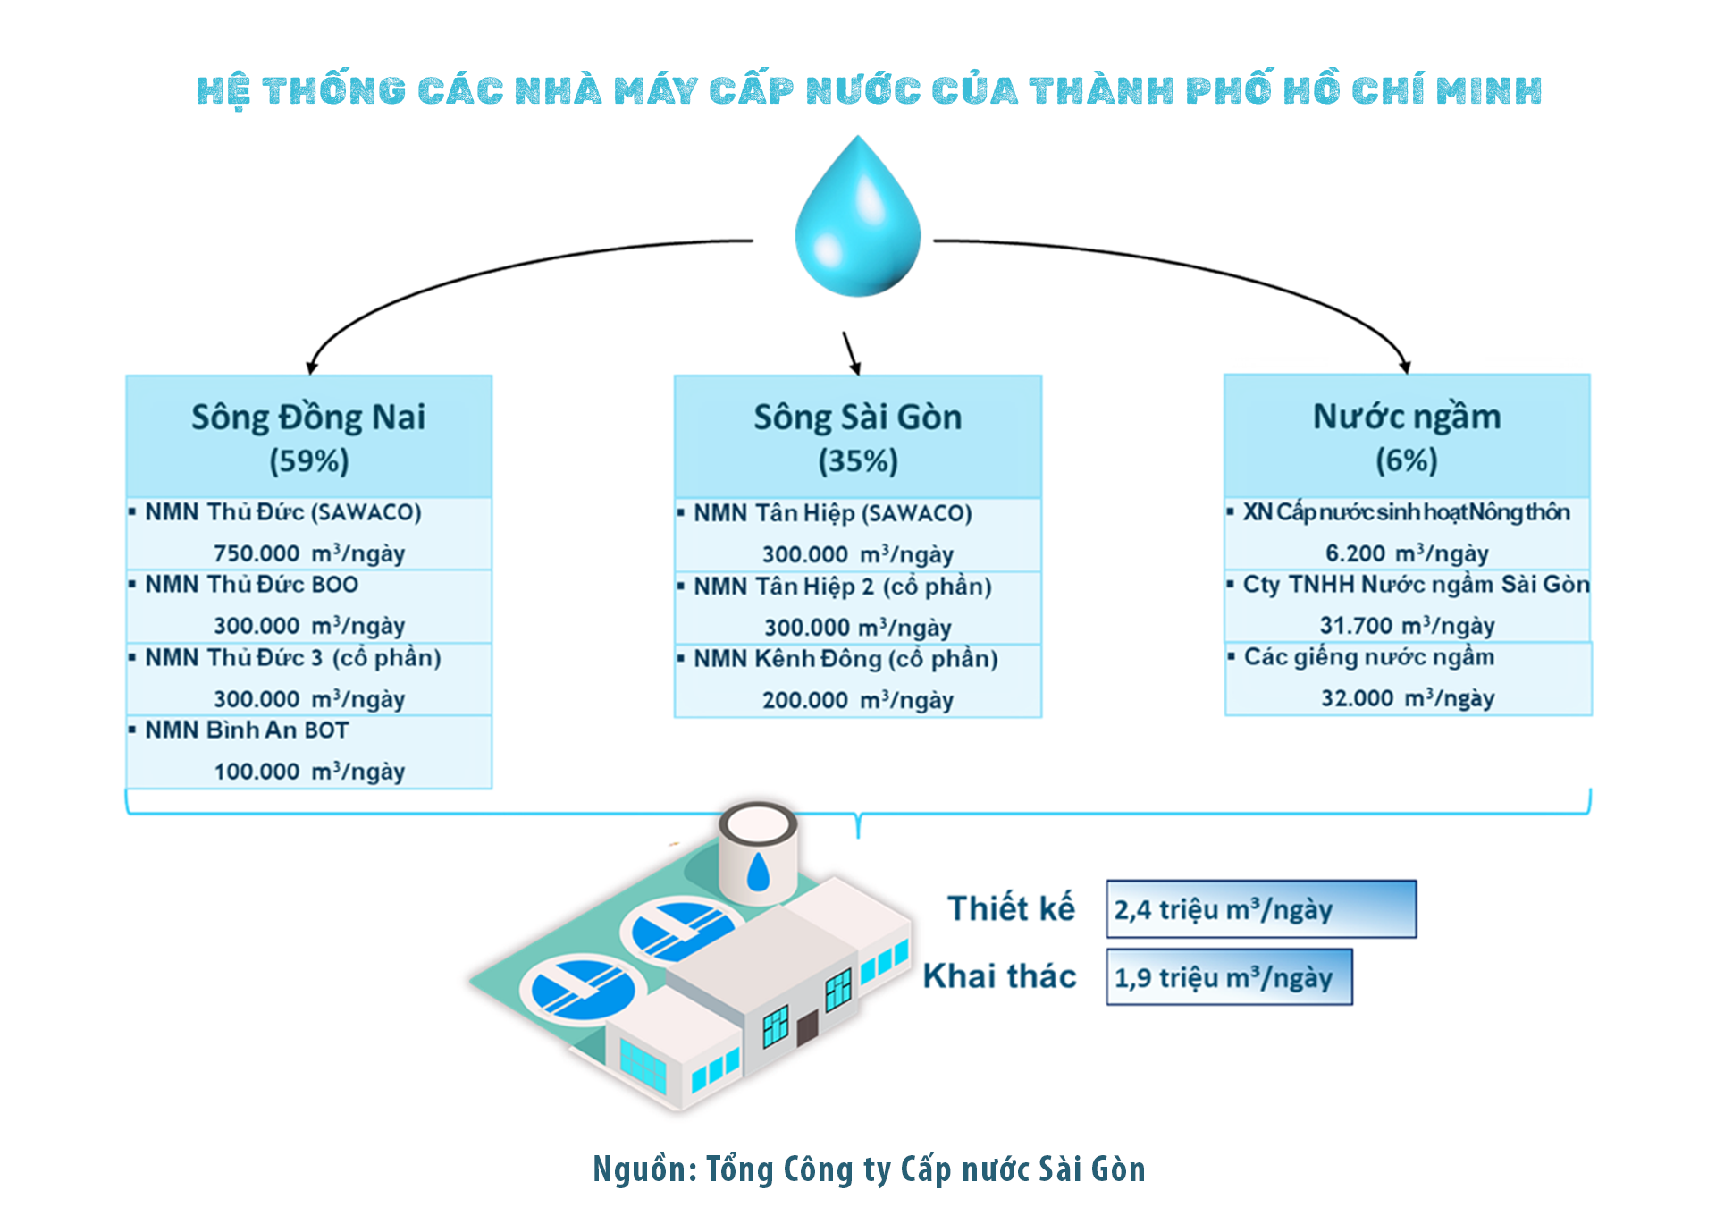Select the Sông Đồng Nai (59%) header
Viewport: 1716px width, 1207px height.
click(308, 437)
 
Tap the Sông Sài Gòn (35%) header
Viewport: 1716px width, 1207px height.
click(858, 437)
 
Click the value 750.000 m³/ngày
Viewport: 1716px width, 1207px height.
click(309, 553)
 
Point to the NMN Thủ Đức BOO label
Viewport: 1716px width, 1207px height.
click(251, 585)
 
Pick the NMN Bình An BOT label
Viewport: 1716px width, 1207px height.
click(247, 730)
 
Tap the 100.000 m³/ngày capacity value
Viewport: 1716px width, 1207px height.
click(309, 772)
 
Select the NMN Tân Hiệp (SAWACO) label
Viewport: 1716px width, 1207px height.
click(832, 513)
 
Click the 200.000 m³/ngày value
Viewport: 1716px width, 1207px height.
click(858, 700)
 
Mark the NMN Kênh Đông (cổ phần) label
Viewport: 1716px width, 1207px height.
click(845, 659)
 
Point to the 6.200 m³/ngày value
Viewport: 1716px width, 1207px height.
click(1407, 553)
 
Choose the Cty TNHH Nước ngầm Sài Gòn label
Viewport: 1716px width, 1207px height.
click(1416, 585)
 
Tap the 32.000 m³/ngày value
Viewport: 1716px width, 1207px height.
click(1408, 698)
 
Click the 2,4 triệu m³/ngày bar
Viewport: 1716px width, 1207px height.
click(1261, 909)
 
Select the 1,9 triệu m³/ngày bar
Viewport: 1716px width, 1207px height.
click(1229, 977)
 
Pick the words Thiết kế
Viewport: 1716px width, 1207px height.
click(1011, 908)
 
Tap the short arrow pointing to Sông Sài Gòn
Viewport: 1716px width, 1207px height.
click(851, 353)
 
